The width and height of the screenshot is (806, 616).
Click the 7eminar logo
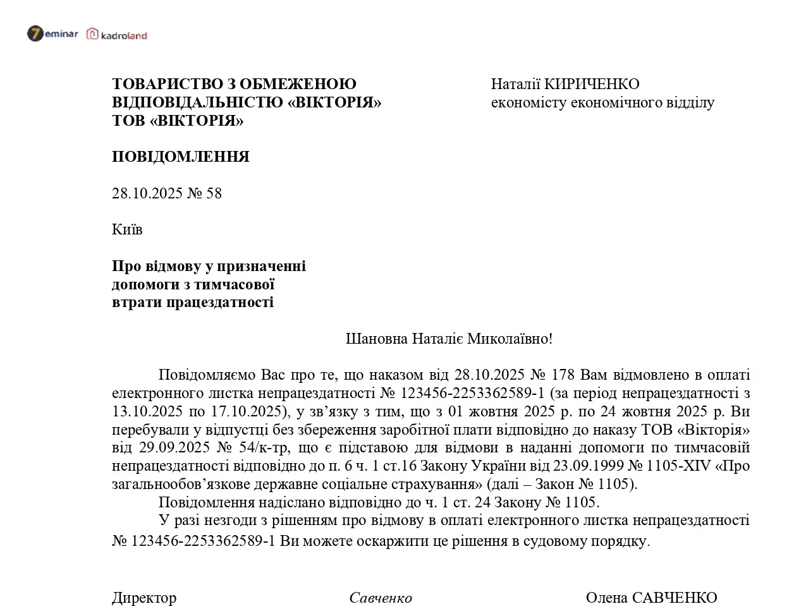tap(52, 34)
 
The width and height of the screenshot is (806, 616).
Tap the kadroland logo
tap(117, 35)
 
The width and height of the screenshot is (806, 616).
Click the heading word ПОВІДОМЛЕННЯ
tap(181, 157)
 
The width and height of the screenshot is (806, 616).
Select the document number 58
tap(214, 193)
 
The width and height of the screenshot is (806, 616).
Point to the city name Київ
tap(127, 229)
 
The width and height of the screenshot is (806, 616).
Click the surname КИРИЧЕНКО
tap(592, 84)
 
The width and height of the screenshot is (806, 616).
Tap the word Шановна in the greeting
tap(377, 339)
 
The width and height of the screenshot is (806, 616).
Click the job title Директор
tap(144, 598)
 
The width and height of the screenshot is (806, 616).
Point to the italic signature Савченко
tap(381, 598)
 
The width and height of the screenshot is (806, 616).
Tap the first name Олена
tap(606, 598)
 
